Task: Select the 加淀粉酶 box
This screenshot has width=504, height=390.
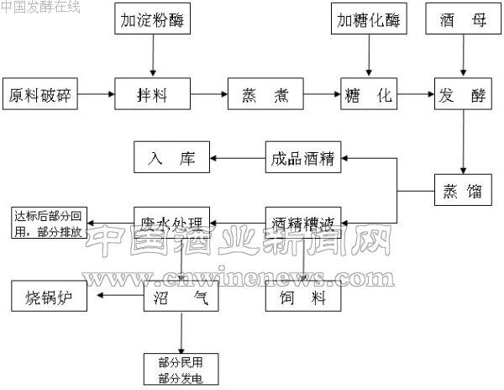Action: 152,19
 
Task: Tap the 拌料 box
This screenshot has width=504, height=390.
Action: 152,95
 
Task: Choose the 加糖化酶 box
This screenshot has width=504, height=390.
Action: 369,19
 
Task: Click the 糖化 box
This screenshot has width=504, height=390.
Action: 369,95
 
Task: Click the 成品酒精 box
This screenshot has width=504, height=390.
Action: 303,157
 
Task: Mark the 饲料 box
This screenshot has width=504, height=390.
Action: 303,298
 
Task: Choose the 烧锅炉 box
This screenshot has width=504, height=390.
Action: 50,297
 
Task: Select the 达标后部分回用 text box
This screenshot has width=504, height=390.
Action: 48,224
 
